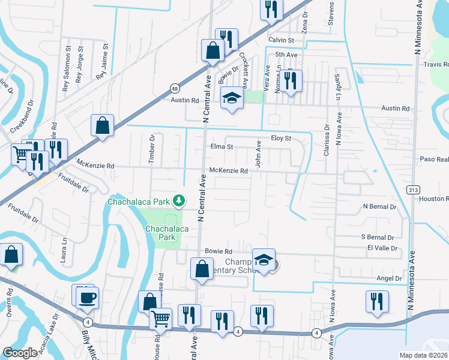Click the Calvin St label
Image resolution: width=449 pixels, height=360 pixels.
(281, 40)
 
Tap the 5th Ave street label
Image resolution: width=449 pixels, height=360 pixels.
(286, 55)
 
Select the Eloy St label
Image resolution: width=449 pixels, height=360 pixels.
(280, 138)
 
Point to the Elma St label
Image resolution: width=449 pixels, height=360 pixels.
(221, 146)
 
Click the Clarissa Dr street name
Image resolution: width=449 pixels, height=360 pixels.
(327, 140)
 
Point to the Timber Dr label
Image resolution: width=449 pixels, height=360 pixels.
(152, 146)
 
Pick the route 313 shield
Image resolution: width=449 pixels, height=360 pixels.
(413, 190)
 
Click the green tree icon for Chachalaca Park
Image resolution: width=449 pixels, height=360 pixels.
(178, 200)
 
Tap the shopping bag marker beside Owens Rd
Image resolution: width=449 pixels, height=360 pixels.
(11, 254)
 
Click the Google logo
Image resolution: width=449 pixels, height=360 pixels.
(20, 353)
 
